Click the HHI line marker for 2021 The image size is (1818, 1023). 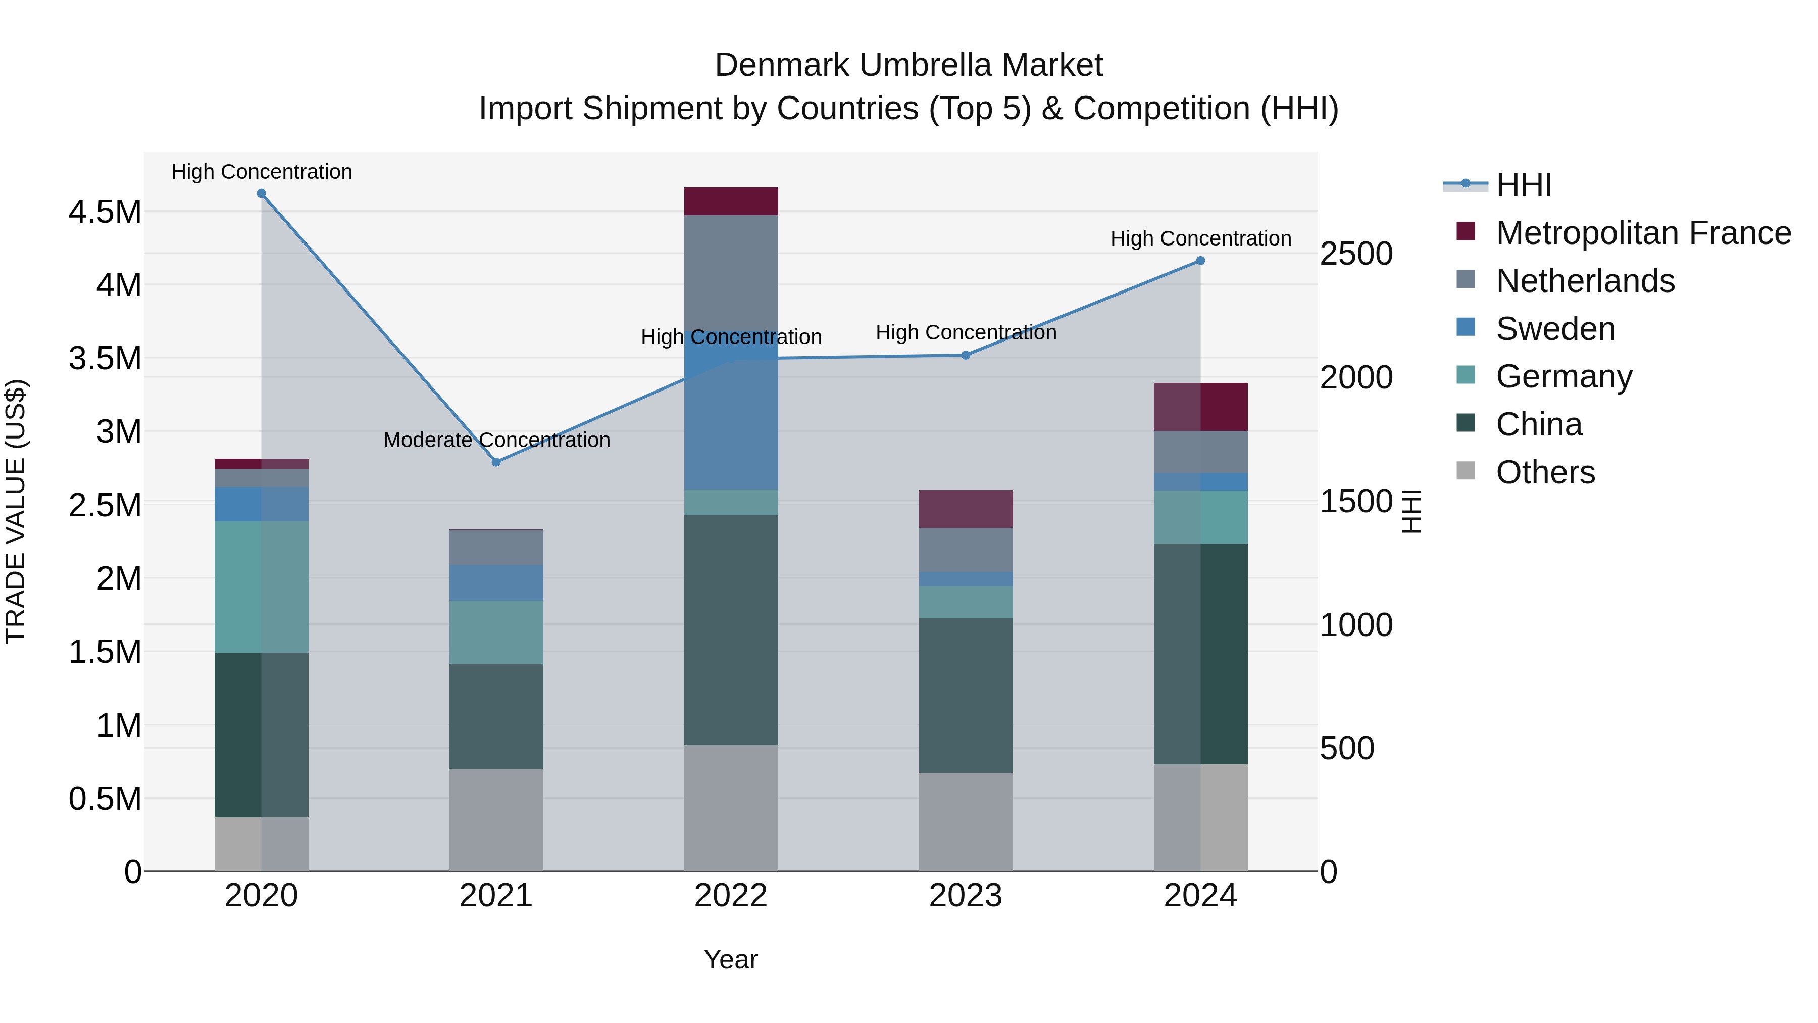(x=496, y=462)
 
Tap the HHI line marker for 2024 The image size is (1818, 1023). (x=1200, y=261)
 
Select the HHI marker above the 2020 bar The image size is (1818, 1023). (x=261, y=193)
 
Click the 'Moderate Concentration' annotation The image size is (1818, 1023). (x=496, y=440)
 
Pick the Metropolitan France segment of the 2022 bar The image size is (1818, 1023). (x=731, y=201)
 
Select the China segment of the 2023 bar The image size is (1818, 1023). (x=966, y=696)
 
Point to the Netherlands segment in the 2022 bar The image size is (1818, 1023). (x=731, y=272)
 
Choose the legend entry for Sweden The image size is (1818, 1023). (x=1555, y=329)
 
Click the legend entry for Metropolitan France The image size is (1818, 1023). (x=1642, y=233)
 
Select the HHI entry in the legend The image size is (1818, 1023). (x=1523, y=185)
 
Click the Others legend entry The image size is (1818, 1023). (x=1545, y=472)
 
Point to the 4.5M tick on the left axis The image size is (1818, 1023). (x=105, y=212)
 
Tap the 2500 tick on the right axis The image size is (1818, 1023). (x=1356, y=254)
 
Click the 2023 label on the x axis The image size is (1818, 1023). (x=966, y=896)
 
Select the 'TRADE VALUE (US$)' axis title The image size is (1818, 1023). (x=16, y=511)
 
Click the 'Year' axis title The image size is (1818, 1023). (x=730, y=959)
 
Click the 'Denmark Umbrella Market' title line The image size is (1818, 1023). (x=908, y=65)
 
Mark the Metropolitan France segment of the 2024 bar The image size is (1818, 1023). (x=1200, y=407)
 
